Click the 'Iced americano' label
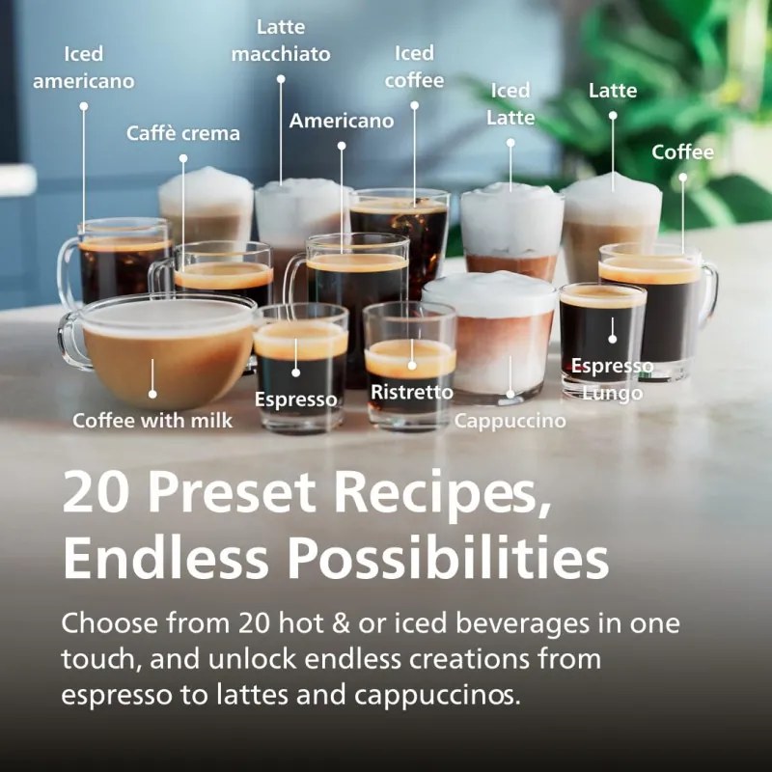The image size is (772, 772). pos(83,67)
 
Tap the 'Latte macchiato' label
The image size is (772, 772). pos(281,41)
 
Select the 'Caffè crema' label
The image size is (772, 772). pos(183,133)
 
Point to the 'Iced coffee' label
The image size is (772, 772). pos(415,67)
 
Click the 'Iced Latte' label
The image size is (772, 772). pos(510,104)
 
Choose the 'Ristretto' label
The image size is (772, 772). pos(412,392)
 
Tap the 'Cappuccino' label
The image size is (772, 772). pos(510,421)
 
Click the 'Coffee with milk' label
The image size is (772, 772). pos(152,421)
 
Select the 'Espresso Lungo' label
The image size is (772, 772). pos(612,379)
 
